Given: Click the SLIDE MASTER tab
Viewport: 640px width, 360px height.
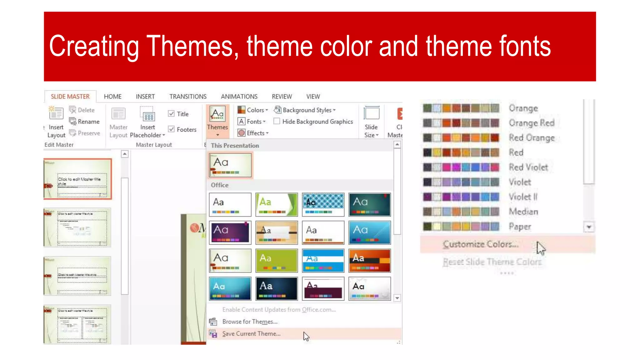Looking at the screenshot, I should pyautogui.click(x=70, y=97).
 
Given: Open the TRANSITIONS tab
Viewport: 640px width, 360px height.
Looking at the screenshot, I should pyautogui.click(x=188, y=97).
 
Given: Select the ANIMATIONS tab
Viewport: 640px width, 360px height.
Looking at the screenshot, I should pyautogui.click(x=239, y=97).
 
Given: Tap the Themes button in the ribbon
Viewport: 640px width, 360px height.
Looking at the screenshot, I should pyautogui.click(x=217, y=122).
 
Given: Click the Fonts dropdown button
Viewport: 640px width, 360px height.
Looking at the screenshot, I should pyautogui.click(x=252, y=122).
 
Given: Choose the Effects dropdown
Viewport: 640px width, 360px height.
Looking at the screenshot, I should pyautogui.click(x=253, y=133).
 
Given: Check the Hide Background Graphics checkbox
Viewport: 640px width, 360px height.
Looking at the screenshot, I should pyautogui.click(x=277, y=121).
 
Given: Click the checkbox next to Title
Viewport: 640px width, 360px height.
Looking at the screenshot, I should pyautogui.click(x=171, y=114).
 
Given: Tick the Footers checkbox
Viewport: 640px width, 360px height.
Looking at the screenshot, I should pyautogui.click(x=171, y=129).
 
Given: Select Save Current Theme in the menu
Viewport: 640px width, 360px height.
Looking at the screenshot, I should pyautogui.click(x=251, y=334).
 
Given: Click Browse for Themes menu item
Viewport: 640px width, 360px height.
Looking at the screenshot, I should pyautogui.click(x=250, y=322).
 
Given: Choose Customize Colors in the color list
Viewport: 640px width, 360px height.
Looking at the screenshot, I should pyautogui.click(x=480, y=244).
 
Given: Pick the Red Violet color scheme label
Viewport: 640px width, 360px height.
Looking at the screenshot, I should pyautogui.click(x=528, y=167).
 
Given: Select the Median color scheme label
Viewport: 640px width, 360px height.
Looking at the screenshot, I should pyautogui.click(x=523, y=212).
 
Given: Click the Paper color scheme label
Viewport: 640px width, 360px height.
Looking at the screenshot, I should pyautogui.click(x=520, y=227).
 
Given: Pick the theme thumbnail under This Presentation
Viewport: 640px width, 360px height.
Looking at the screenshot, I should pyautogui.click(x=230, y=165).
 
